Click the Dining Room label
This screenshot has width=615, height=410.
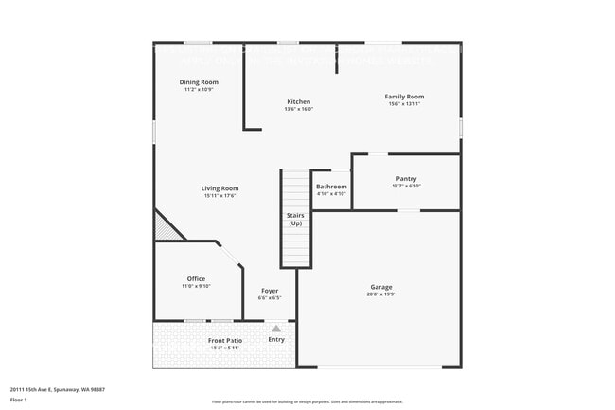point(199,82)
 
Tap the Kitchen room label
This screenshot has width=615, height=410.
point(298,101)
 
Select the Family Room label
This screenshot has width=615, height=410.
point(403,96)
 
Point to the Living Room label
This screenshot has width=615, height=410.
point(220,187)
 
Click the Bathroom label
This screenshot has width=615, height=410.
point(331,187)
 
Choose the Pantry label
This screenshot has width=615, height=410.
point(406,178)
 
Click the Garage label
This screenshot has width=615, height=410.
point(381,287)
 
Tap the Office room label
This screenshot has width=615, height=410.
point(196,278)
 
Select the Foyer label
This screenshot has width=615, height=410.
point(270,291)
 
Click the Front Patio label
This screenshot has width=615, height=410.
point(225,340)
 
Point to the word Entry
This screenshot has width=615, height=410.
point(276,340)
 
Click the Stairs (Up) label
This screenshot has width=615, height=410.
point(295,220)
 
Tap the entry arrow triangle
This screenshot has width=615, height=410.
point(276,329)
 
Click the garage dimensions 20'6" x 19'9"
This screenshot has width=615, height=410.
point(381,294)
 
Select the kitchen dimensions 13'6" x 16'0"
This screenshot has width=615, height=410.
point(298,109)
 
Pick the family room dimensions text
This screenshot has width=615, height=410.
point(403,103)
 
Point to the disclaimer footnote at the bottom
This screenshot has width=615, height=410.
point(307,401)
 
